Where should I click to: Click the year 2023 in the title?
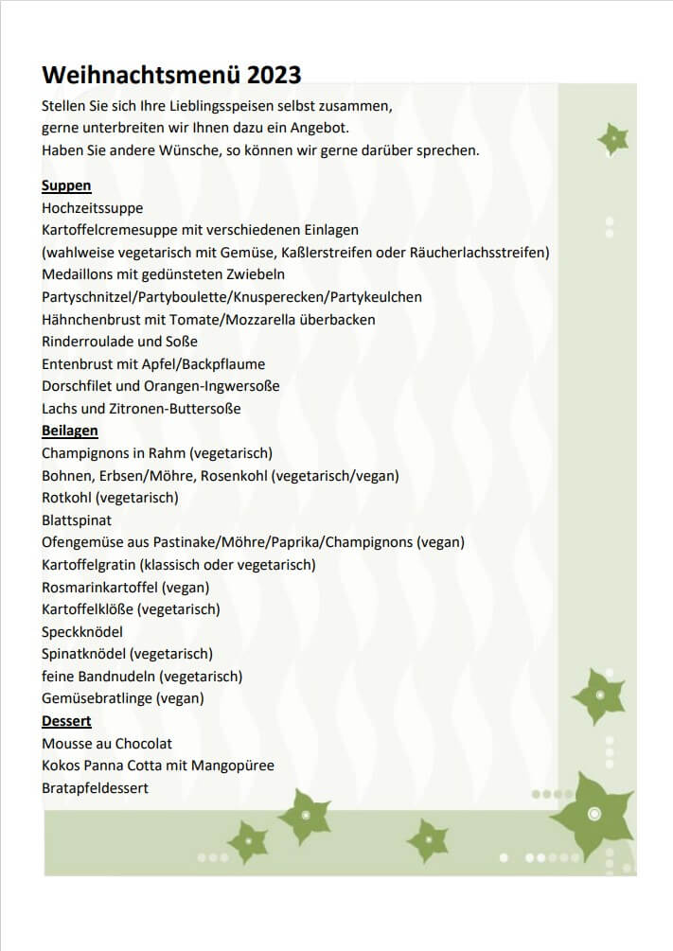(x=275, y=75)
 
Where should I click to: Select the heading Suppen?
(x=66, y=185)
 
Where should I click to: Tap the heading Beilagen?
(x=70, y=431)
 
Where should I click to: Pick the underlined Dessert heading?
(x=66, y=721)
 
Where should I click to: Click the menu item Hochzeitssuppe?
(x=93, y=208)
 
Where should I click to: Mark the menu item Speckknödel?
(x=82, y=631)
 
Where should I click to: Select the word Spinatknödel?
(x=83, y=654)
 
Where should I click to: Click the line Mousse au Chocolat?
(x=107, y=744)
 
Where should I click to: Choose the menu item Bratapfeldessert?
(x=96, y=788)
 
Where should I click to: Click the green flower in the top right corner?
(x=613, y=140)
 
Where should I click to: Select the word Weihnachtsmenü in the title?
(x=142, y=75)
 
